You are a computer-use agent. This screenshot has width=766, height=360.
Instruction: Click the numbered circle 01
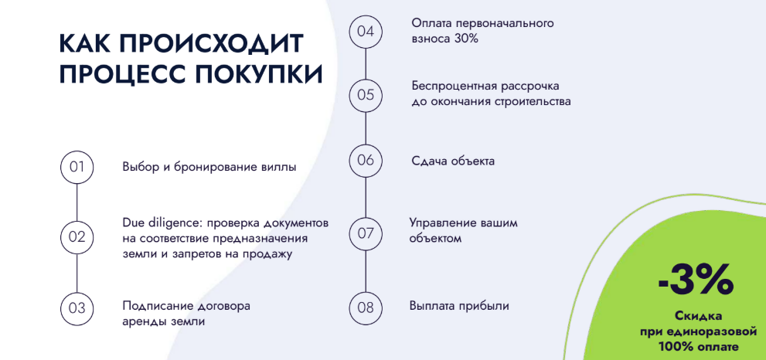click(77, 167)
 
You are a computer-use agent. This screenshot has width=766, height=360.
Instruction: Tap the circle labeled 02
click(77, 237)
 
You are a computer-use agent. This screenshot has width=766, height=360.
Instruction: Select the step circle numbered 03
click(77, 308)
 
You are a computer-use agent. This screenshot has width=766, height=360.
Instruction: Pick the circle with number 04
click(366, 32)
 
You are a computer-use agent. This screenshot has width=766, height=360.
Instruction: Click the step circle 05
click(366, 95)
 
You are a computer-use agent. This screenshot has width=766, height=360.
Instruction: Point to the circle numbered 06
click(366, 160)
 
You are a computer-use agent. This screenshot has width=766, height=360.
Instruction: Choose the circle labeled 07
click(366, 233)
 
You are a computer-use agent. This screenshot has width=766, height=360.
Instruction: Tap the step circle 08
click(366, 307)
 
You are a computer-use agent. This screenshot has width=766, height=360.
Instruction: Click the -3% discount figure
click(696, 280)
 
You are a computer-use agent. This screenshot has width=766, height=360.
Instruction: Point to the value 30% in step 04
click(466, 39)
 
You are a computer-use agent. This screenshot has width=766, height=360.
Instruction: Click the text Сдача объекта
click(453, 161)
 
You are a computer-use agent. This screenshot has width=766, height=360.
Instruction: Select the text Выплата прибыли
click(459, 306)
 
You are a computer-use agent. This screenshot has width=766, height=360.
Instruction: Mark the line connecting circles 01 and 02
click(77, 202)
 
